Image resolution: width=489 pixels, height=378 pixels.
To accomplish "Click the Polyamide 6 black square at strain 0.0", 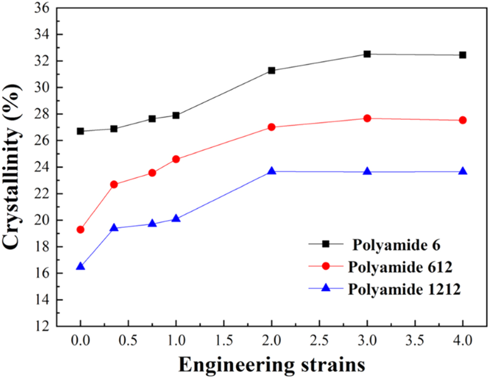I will pos(80,131).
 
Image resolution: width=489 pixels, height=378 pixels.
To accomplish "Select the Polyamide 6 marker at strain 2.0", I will pos(271,70).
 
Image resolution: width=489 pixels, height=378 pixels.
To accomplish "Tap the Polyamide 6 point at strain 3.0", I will pos(367,54).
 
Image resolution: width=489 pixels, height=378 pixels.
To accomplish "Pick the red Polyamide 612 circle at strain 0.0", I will pos(80,230).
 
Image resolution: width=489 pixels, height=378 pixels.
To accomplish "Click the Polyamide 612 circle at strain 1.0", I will pos(176,159).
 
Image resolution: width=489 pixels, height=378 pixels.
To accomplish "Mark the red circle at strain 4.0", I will pos(463,120).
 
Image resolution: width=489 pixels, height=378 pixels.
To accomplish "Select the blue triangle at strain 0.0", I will pos(80,266).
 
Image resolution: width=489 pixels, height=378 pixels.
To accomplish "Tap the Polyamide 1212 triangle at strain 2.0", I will pos(271,171).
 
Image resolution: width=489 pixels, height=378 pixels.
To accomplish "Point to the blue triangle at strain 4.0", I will pos(463,171).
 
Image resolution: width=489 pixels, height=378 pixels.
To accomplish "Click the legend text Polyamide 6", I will pos(396,245).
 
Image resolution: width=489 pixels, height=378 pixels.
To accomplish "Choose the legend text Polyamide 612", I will pos(401,267).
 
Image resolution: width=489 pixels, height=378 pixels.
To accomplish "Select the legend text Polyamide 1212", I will pos(405,289).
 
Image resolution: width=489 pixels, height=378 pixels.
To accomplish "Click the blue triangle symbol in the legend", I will pos(326,288).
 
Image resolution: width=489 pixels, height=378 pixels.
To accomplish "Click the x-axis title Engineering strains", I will pos(271,365).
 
